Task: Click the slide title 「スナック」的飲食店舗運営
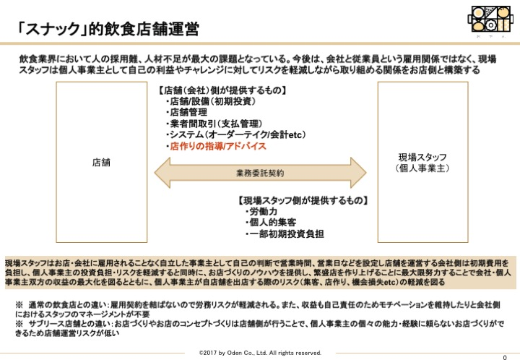(108, 29)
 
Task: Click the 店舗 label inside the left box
(101, 163)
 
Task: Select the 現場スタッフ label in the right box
(422, 157)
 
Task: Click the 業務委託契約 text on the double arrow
(260, 173)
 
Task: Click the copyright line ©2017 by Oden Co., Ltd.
(260, 353)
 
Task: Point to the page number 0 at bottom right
(505, 357)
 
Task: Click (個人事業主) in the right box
(422, 168)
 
